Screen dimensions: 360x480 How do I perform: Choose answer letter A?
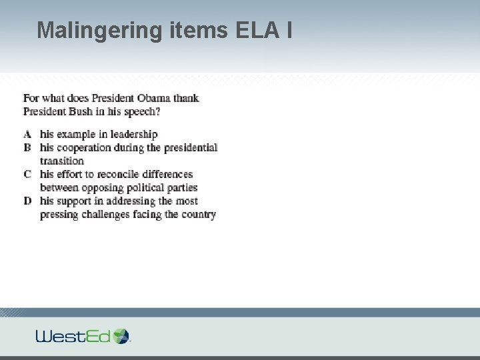[x=27, y=134]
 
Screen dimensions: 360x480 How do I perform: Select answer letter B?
[x=27, y=147]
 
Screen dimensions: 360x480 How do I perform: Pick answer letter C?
[x=27, y=174]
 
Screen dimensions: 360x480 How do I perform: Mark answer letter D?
[x=27, y=201]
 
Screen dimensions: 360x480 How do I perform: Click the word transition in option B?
[x=61, y=161]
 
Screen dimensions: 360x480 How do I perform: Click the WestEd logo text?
[x=73, y=336]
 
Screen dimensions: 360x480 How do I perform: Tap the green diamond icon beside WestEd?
[x=121, y=335]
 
